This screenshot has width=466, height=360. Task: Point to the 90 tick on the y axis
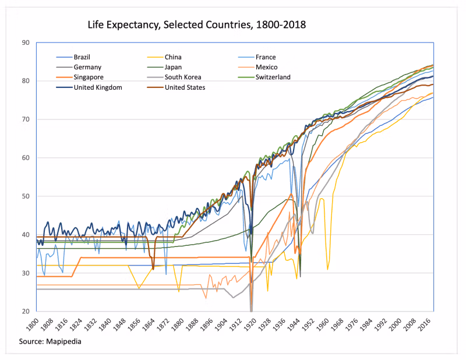tap(26, 43)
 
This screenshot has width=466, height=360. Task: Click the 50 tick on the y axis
tap(26, 196)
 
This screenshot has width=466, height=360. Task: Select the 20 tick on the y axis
tap(26, 312)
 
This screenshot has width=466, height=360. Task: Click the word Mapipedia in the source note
tap(61, 341)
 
